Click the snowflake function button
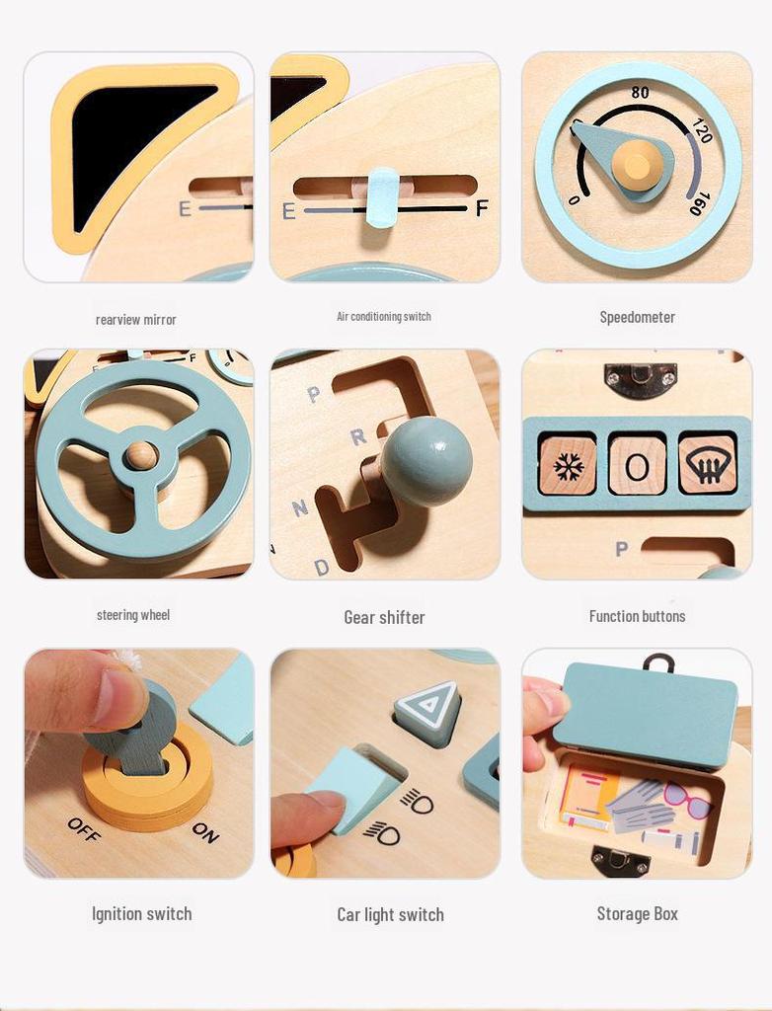[568, 465]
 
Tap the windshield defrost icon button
[707, 464]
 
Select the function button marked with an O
[637, 465]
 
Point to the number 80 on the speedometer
[640, 93]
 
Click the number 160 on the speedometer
[698, 203]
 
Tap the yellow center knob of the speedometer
[637, 164]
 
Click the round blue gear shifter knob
[426, 461]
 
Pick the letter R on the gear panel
[357, 435]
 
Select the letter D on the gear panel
[321, 567]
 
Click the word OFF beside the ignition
[84, 829]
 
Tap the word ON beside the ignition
[205, 832]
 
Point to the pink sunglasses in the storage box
[687, 798]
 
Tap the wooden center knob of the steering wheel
[141, 455]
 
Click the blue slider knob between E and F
[382, 196]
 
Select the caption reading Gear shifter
[384, 617]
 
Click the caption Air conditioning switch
[384, 316]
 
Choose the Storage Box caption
[637, 913]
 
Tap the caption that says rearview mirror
[136, 319]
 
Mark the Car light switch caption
[390, 914]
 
